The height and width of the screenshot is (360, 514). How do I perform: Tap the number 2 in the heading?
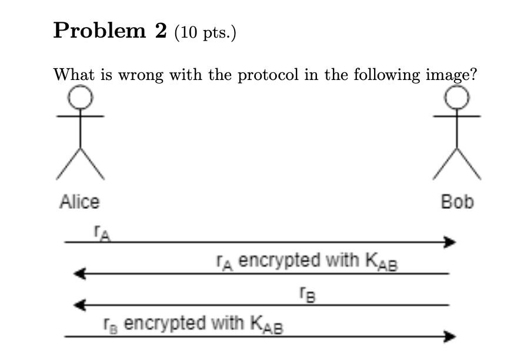click(161, 31)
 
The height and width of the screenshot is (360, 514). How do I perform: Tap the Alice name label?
click(80, 202)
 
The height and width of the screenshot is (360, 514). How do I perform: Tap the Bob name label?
click(457, 202)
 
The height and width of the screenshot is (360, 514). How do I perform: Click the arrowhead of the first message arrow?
click(450, 242)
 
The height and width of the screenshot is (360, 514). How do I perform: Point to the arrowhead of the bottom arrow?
click(450, 336)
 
